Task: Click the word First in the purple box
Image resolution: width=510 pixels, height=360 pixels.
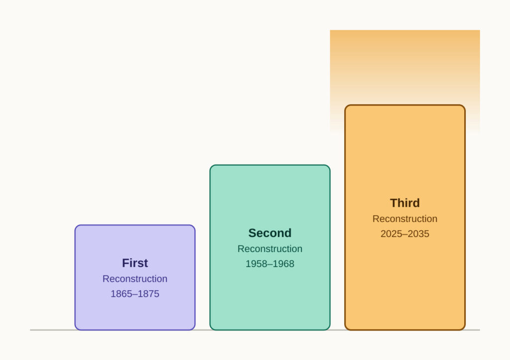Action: [135, 263]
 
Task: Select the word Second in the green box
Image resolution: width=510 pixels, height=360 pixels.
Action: [270, 233]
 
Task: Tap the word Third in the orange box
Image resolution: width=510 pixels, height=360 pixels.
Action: [405, 203]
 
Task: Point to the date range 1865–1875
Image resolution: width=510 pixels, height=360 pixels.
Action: [135, 294]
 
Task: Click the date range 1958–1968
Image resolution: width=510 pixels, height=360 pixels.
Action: [270, 264]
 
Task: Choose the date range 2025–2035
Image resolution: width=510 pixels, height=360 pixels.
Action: [405, 234]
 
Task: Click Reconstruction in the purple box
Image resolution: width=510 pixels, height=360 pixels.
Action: [135, 279]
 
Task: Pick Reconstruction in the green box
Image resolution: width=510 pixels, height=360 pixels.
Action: [270, 249]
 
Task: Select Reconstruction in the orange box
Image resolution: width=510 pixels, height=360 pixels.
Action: [405, 219]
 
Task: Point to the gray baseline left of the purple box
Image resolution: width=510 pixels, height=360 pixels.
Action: [52, 330]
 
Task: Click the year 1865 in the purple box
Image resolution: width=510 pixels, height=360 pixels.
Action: [121, 294]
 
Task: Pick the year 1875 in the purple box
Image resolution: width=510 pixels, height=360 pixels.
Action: [149, 294]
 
